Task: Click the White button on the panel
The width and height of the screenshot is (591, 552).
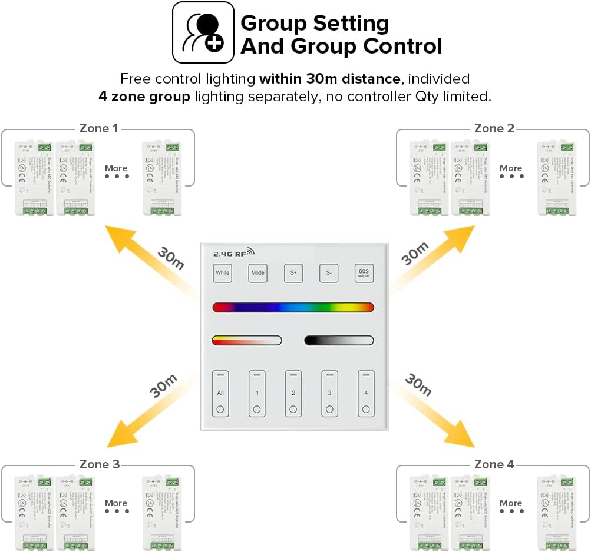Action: (222, 273)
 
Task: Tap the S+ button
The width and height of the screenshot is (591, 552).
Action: (293, 273)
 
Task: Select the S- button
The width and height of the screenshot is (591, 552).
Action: (329, 273)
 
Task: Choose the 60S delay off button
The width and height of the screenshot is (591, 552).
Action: (364, 273)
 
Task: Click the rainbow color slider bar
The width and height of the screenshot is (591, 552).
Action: (293, 307)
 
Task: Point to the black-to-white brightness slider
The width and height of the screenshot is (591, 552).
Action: (339, 340)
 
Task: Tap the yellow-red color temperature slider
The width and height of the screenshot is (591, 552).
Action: (247, 340)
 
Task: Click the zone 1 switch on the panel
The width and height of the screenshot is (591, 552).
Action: (257, 394)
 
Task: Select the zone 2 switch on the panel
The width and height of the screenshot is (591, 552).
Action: (293, 394)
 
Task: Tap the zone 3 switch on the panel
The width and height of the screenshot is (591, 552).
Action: (329, 394)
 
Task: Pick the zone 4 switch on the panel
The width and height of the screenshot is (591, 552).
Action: (366, 394)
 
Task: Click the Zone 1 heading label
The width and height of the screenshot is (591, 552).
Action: (98, 128)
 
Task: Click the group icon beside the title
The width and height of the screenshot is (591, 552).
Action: (203, 32)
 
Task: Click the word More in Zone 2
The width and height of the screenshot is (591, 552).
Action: (511, 168)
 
